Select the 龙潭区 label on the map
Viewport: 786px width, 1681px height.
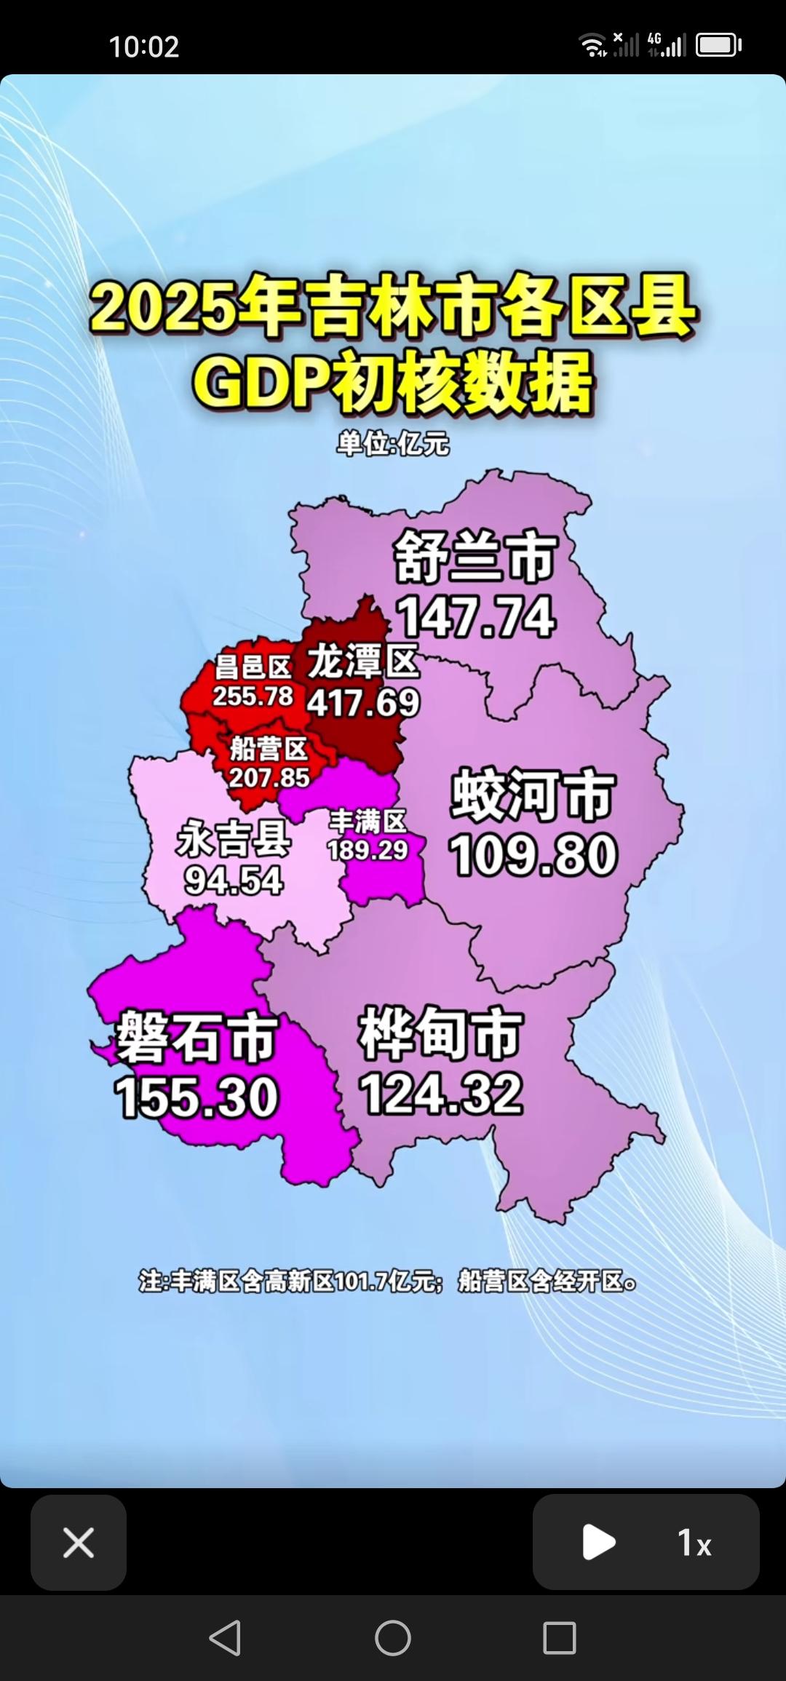[363, 661]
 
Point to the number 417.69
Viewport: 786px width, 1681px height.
[363, 702]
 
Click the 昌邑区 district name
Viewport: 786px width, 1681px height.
[253, 667]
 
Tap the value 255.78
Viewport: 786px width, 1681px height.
[253, 696]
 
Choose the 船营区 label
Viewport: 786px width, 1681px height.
[269, 749]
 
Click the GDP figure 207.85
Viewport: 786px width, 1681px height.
[269, 778]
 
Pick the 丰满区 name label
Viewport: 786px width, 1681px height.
[368, 822]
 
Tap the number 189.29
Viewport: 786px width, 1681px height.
[368, 850]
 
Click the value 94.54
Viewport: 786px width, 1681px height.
[234, 881]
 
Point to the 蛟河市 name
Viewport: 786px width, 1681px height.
[533, 795]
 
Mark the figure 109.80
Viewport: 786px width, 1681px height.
[533, 855]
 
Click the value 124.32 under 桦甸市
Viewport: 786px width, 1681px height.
[441, 1094]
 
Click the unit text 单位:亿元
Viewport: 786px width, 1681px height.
[393, 443]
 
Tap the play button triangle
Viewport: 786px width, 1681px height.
[598, 1542]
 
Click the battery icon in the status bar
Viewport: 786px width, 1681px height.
[718, 45]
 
